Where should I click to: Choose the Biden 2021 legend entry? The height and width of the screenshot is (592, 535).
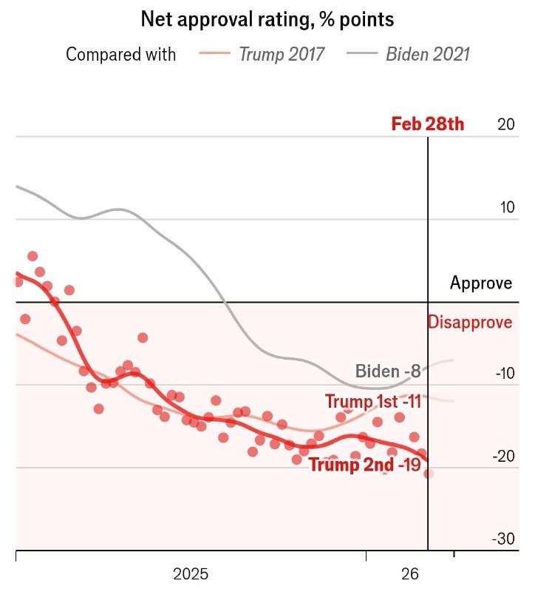tap(428, 54)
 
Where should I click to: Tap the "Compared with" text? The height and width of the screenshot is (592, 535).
tap(121, 54)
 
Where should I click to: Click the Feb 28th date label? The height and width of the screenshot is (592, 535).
tap(427, 124)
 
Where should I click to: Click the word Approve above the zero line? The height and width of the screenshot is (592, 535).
tap(481, 283)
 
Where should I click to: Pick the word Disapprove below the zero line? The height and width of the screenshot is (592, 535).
tap(470, 323)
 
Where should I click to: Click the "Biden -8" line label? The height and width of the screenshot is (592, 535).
tap(387, 371)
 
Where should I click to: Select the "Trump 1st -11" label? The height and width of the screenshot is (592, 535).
tap(372, 402)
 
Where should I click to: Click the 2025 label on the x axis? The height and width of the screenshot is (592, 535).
tap(191, 573)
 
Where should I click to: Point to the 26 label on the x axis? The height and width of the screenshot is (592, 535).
tap(410, 573)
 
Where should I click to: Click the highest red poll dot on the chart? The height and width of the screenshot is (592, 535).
tap(33, 256)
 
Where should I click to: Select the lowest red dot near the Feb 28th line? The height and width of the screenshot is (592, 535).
tap(429, 474)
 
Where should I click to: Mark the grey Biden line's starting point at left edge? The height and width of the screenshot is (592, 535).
tap(17, 186)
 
